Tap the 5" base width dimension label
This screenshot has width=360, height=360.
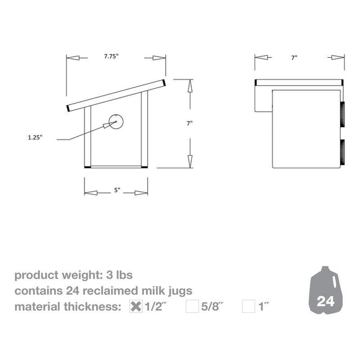pos(116,191)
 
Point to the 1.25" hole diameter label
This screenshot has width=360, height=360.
pos(35,138)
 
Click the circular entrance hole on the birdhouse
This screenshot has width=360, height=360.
pos(115,122)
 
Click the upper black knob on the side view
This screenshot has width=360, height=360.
pos(343,114)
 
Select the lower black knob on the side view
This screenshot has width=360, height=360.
pos(343,153)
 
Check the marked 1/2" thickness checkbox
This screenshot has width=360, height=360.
pos(135,305)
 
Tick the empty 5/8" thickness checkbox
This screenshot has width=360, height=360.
pos(192,305)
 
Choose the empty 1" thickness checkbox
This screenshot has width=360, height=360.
pos(248,305)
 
